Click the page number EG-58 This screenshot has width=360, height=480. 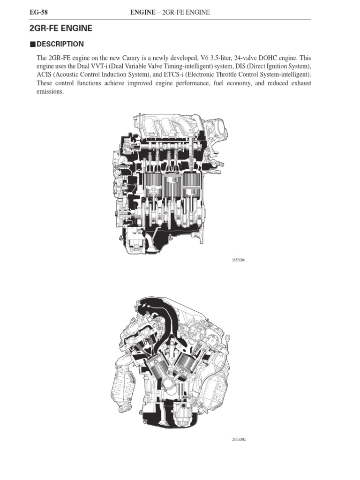tap(38, 12)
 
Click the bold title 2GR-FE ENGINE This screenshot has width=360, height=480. tap(60, 28)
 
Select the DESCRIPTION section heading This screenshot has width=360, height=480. tap(60, 44)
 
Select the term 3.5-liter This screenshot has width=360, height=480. tap(221, 58)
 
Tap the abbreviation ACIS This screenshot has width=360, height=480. tap(44, 75)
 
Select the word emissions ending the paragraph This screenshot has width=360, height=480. tap(50, 91)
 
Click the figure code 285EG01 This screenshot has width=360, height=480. tap(239, 260)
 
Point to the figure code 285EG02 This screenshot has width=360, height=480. tap(239, 440)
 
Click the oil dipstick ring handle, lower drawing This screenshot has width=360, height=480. tap(227, 339)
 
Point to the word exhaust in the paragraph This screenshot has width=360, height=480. tap(301, 83)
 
